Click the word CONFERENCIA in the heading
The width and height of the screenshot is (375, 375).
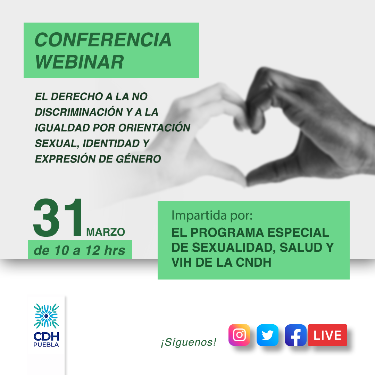click(103, 40)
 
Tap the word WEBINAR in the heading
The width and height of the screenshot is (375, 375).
click(80, 62)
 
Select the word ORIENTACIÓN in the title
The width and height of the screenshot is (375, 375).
click(154, 128)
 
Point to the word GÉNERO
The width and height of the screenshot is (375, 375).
click(139, 159)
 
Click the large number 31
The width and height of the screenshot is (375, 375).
click(58, 218)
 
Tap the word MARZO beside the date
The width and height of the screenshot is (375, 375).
click(106, 232)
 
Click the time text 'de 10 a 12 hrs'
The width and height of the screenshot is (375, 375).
click(80, 250)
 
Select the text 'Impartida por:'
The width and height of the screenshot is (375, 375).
click(212, 216)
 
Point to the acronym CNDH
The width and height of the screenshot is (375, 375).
click(253, 262)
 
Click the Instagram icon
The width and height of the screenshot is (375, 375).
click(239, 335)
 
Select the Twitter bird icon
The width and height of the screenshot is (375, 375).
click(267, 335)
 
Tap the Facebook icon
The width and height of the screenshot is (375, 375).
click(295, 335)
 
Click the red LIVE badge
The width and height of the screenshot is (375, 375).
click(327, 335)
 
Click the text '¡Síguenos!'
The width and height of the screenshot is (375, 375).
click(189, 342)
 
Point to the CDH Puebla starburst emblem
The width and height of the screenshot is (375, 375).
click(46, 316)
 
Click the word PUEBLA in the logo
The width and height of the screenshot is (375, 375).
click(46, 345)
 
